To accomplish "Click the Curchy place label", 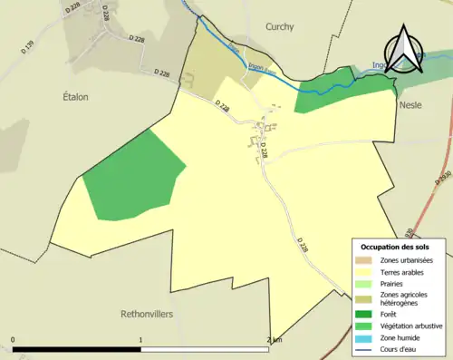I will coord(280,27).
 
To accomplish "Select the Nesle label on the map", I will coord(410,105).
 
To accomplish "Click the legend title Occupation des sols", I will coord(395,247).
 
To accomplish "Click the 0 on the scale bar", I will coord(13,341).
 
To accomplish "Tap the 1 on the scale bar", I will coord(140,341).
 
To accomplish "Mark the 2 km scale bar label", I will coord(274,341).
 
